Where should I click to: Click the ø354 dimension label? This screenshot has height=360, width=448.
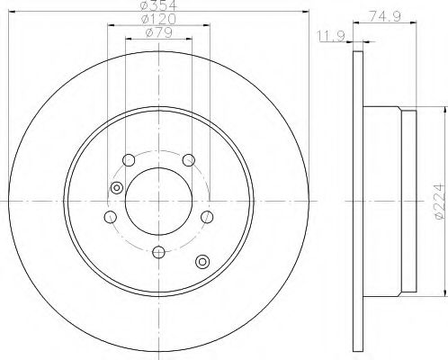157,7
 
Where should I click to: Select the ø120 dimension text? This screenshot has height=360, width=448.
157,21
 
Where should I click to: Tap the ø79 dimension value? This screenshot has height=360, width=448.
157,34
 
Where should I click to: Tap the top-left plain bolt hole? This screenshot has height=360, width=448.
128,160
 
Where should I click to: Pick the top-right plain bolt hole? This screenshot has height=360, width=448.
188,160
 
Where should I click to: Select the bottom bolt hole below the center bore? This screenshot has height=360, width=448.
157,252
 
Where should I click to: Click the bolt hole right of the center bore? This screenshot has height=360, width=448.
207,217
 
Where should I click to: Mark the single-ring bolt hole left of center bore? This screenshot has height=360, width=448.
109,217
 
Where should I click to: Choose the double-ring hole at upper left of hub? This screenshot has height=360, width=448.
115,187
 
